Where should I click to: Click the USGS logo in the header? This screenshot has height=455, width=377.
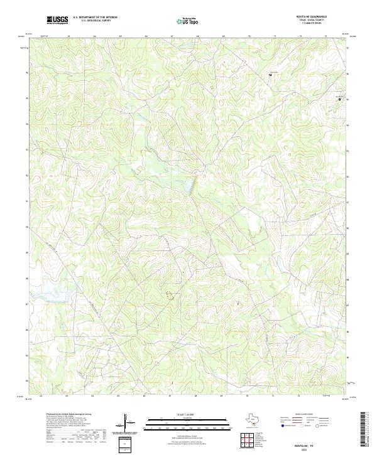tap(58, 20)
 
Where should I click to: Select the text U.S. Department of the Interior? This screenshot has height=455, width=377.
tap(95, 18)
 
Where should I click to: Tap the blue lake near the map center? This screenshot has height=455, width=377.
tap(187, 185)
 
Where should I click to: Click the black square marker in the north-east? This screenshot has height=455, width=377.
tap(271, 75)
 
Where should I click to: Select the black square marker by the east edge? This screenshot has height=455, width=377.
tap(340, 99)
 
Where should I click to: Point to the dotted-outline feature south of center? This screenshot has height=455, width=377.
tap(170, 294)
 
